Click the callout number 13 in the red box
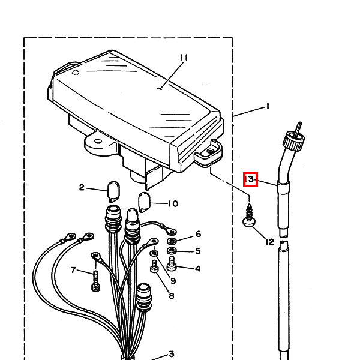(x=250, y=179)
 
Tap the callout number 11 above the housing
(x=184, y=58)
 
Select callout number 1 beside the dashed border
(x=267, y=106)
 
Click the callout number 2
(x=82, y=187)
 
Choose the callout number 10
(x=173, y=203)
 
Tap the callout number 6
(x=198, y=234)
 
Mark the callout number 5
(x=198, y=251)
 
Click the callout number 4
(x=197, y=268)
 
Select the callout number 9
(x=173, y=281)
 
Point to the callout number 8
(x=172, y=296)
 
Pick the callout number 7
(x=73, y=270)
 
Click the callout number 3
(x=172, y=354)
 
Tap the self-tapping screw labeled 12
(x=249, y=215)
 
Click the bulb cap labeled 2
(x=113, y=191)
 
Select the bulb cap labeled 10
(x=144, y=202)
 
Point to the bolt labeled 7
(x=96, y=281)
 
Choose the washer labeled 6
(x=172, y=241)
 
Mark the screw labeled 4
(x=172, y=263)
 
